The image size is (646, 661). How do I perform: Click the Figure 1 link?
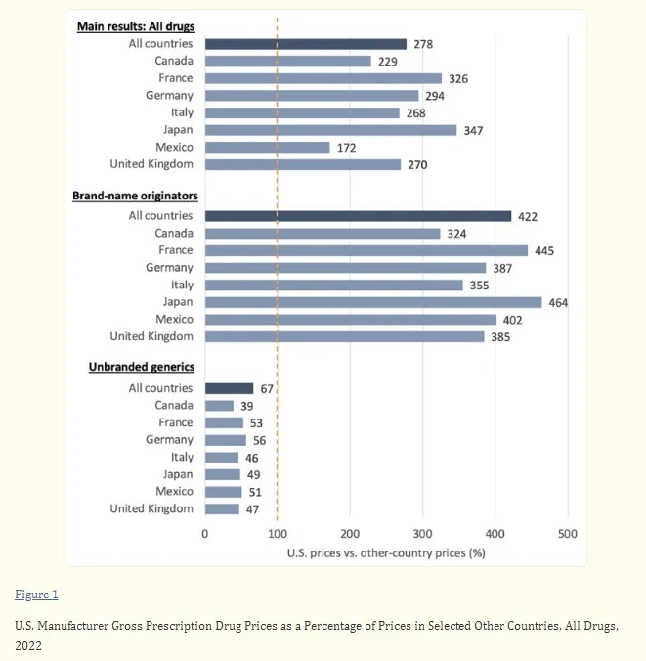point(36,595)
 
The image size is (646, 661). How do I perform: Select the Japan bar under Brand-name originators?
point(373,302)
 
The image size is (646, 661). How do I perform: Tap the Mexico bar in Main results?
point(267,147)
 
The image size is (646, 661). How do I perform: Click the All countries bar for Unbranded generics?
point(230,388)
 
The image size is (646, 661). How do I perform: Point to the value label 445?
point(544,251)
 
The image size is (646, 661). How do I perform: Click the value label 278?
point(423,44)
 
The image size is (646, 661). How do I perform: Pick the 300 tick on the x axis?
point(422,534)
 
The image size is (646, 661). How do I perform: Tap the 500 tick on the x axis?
point(567,534)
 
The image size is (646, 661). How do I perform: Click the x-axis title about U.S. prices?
point(386,553)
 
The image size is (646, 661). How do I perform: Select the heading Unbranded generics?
point(142,367)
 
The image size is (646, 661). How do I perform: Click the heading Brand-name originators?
point(135,196)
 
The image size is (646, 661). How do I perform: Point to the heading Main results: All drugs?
point(136,26)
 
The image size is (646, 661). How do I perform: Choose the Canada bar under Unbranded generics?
point(219,406)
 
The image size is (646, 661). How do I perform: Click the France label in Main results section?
point(176,78)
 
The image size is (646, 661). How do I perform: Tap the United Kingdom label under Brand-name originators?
point(151,336)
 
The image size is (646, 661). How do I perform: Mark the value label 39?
point(247,406)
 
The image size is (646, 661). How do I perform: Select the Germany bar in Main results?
point(312,96)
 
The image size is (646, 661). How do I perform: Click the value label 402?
point(512,321)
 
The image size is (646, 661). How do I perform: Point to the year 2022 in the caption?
point(28,645)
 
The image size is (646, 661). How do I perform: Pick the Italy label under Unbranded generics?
point(182,457)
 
